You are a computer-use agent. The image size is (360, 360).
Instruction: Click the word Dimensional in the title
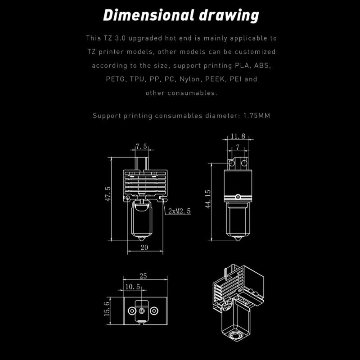[x=141, y=15]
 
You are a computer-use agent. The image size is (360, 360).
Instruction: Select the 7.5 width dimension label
[x=141, y=147]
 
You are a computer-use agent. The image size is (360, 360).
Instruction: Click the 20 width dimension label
[x=144, y=247]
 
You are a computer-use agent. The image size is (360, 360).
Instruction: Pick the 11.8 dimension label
[x=238, y=136]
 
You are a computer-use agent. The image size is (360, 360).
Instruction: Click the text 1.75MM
[x=257, y=116]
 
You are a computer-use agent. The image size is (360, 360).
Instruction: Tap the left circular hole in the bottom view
[x=132, y=310]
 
